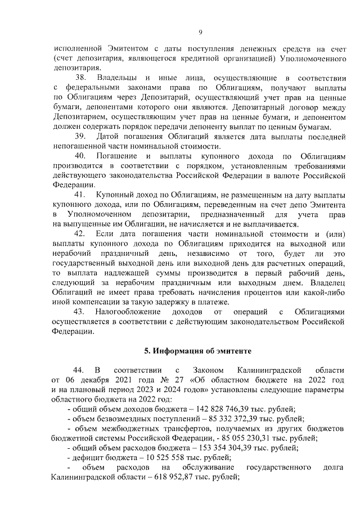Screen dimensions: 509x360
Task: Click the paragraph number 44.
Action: (79, 370)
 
